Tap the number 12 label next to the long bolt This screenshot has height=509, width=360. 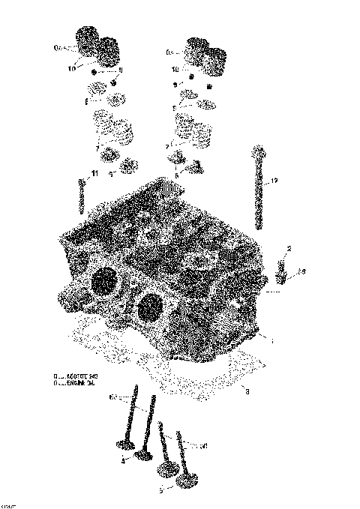(274, 181)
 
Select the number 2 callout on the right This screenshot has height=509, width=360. (289, 249)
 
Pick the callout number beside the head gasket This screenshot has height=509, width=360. (247, 391)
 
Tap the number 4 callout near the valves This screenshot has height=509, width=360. (122, 461)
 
